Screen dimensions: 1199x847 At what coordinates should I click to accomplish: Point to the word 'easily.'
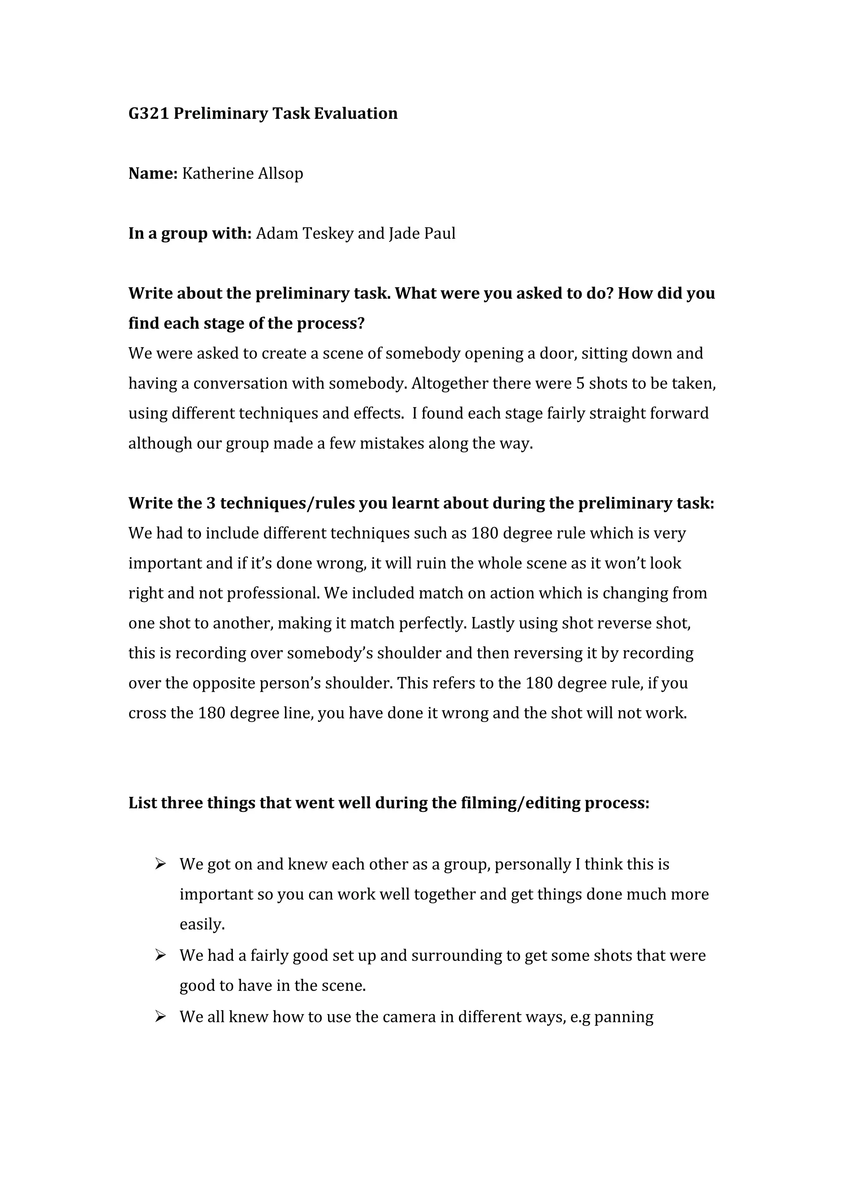[202, 924]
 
